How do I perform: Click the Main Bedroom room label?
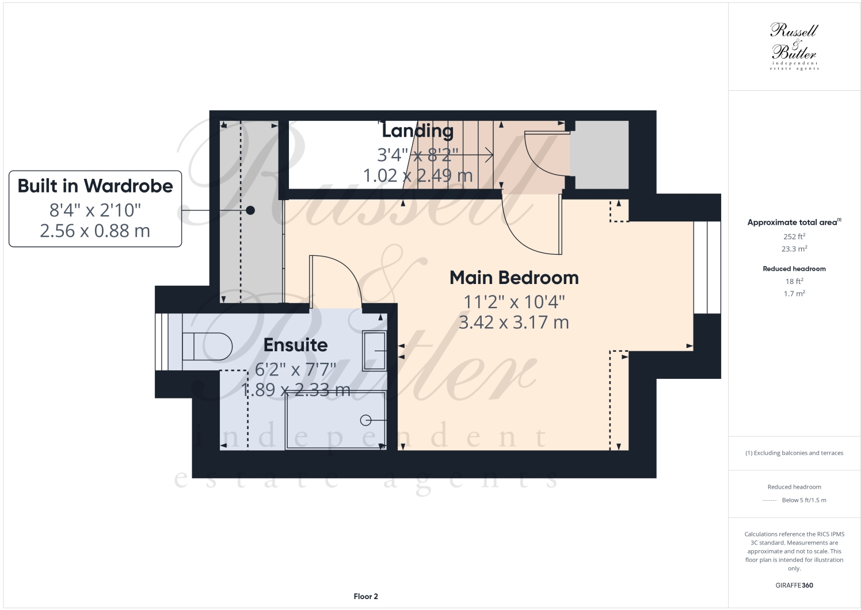513,278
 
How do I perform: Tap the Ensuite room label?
295,345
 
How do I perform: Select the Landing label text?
417,131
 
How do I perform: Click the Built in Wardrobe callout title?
95,186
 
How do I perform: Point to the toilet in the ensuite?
207,347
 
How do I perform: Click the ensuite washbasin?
374,351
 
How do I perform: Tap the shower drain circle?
365,420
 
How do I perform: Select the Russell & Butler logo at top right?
794,46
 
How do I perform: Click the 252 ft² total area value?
794,236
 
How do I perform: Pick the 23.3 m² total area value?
794,249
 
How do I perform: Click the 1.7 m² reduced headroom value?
794,293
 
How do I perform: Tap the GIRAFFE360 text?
794,585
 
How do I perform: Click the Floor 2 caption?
365,596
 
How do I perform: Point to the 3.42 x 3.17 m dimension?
513,323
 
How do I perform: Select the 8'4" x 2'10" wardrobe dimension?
95,209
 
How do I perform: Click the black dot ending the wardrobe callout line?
250,210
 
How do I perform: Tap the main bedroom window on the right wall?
707,267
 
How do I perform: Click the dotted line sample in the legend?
769,500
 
